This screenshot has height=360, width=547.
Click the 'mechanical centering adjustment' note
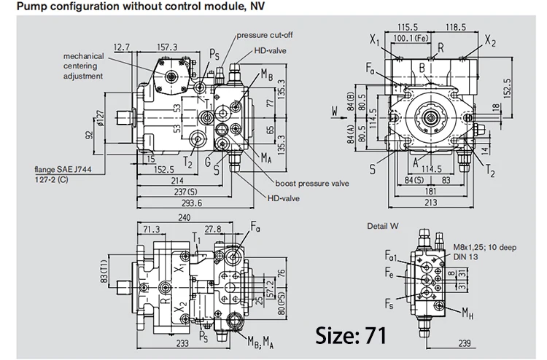[83, 66]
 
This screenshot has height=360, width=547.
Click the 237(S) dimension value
[182, 192]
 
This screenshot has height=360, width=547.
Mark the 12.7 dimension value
[122, 47]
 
